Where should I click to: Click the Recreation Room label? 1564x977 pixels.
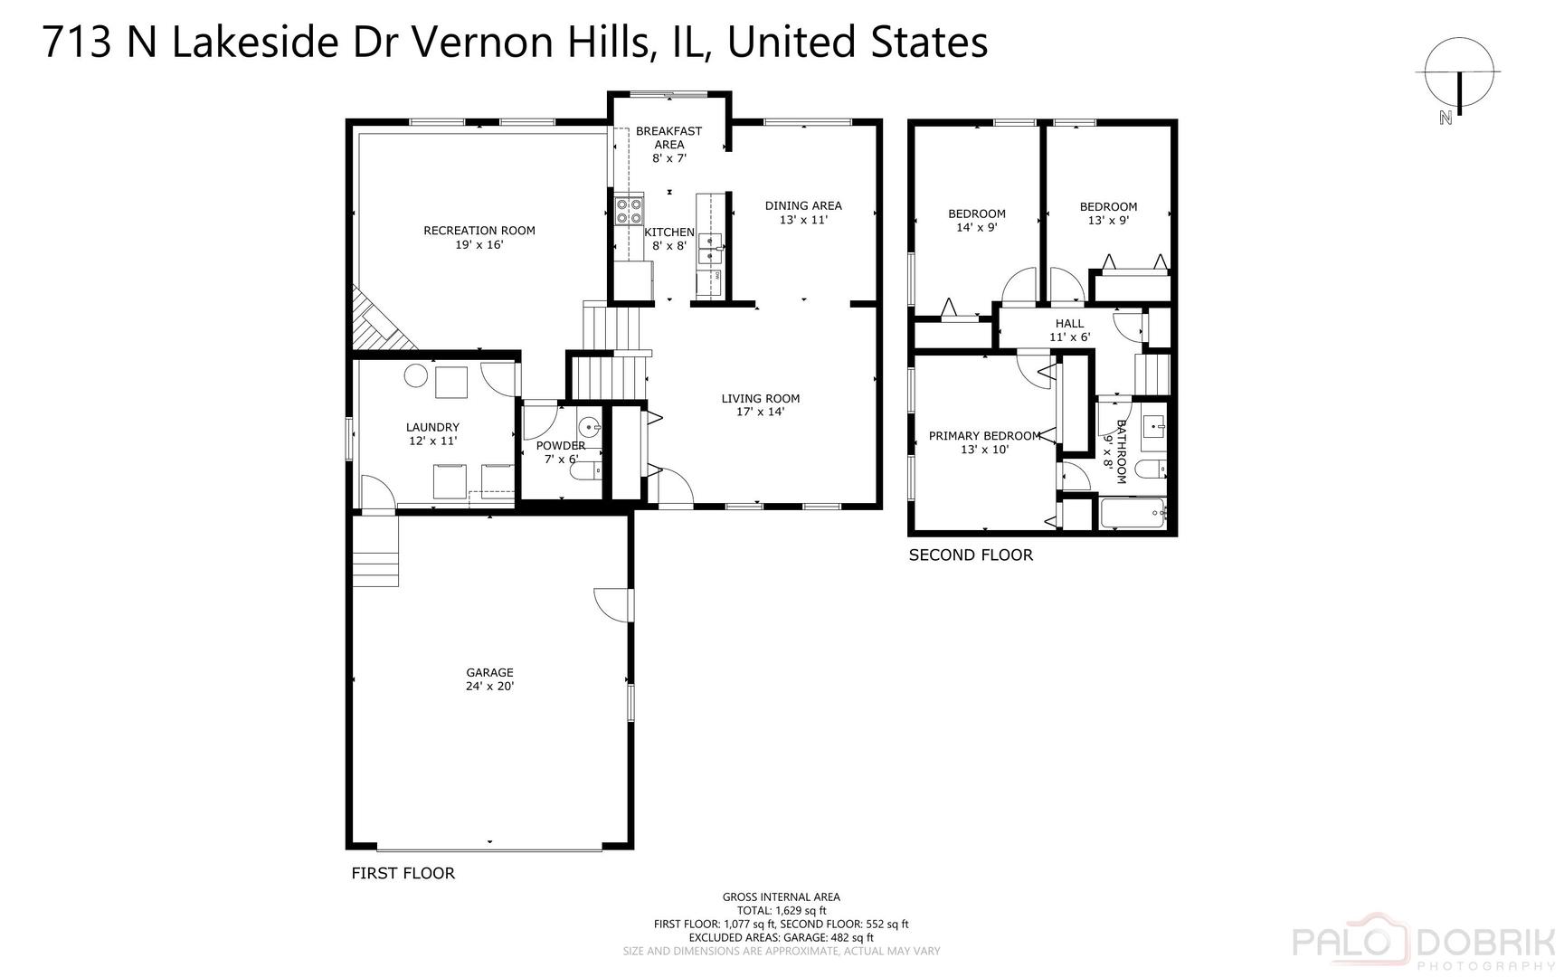pyautogui.click(x=479, y=231)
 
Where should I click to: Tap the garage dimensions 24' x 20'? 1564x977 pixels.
pyautogui.click(x=489, y=687)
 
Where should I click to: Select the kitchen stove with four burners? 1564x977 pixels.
pyautogui.click(x=629, y=211)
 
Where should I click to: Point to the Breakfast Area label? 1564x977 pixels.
pyautogui.click(x=668, y=138)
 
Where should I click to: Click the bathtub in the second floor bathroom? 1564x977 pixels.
pyautogui.click(x=1132, y=514)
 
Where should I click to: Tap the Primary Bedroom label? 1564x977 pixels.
pyautogui.click(x=984, y=436)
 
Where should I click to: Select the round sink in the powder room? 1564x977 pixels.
pyautogui.click(x=590, y=426)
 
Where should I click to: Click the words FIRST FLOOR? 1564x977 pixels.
pyautogui.click(x=403, y=873)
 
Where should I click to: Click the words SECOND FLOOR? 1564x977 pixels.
pyautogui.click(x=970, y=555)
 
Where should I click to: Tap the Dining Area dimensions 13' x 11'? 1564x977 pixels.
pyautogui.click(x=802, y=220)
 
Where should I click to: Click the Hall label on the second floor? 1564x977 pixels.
pyautogui.click(x=1069, y=324)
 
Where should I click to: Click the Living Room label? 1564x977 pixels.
pyautogui.click(x=760, y=398)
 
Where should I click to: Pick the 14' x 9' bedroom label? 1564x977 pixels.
pyautogui.click(x=976, y=228)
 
